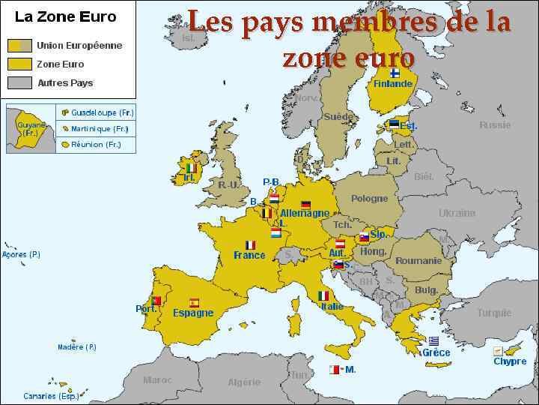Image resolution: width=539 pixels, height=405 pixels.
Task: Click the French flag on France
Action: click(250, 244)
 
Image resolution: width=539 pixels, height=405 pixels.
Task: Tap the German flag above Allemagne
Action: click(305, 205)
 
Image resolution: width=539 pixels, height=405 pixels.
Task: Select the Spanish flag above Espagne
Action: click(194, 303)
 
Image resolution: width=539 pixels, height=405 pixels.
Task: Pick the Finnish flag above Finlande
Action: click(395, 73)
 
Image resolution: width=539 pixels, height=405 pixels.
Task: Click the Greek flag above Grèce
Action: click(433, 340)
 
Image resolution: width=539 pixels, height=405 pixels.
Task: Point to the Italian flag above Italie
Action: click(323, 295)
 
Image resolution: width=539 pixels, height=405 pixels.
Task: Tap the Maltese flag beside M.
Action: click(334, 369)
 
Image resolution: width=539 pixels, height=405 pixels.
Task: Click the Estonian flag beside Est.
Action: click(394, 124)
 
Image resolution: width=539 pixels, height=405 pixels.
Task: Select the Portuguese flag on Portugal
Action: click(156, 301)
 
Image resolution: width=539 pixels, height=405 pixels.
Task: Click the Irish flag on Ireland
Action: click(191, 168)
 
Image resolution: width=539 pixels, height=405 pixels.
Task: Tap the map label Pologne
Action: click(370, 199)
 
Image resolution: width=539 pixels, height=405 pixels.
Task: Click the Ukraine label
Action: click(457, 213)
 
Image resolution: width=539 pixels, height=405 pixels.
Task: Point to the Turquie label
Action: click(494, 313)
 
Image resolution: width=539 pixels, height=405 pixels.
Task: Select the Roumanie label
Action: click(418, 261)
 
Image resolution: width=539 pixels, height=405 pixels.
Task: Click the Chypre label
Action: click(510, 361)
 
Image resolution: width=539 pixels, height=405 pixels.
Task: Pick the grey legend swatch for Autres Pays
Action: click(20, 82)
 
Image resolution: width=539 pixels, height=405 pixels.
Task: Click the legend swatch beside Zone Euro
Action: click(20, 64)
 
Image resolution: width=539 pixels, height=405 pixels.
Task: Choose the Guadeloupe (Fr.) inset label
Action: click(103, 113)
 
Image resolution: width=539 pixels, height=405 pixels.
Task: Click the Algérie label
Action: click(244, 382)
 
